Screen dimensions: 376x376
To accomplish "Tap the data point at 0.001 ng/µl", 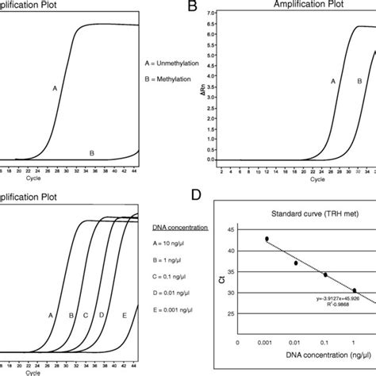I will click(x=267, y=239).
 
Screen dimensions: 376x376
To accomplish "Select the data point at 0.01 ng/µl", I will click(x=296, y=263).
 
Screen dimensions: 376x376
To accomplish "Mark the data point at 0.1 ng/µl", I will click(x=325, y=275).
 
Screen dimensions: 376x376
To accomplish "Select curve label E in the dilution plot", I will click(x=125, y=316).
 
